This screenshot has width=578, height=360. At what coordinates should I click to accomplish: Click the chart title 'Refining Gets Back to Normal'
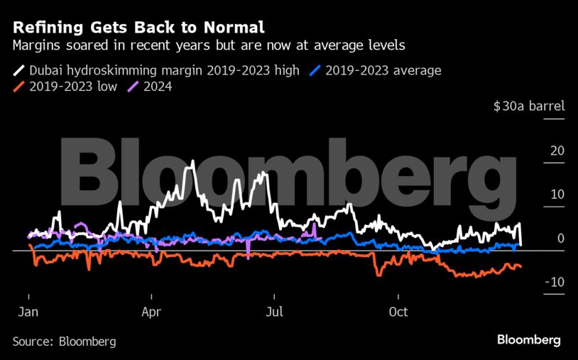[138, 28]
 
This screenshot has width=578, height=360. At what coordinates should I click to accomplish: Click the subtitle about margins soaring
[209, 46]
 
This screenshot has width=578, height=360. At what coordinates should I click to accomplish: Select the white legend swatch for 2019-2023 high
[18, 70]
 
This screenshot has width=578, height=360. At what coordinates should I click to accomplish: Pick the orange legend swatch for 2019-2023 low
[18, 87]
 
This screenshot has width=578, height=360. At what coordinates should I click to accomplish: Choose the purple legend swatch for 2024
[132, 87]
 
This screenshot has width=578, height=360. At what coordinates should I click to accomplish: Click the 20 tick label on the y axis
[557, 151]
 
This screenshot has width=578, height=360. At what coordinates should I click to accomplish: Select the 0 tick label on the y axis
[560, 239]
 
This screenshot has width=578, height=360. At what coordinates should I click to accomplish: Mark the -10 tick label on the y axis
[554, 283]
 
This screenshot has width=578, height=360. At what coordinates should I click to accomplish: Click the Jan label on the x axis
[28, 311]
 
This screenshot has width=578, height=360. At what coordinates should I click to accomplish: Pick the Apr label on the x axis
[151, 311]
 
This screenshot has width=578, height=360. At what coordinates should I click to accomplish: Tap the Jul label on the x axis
[274, 311]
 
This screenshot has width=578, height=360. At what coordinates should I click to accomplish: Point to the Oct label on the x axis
[399, 311]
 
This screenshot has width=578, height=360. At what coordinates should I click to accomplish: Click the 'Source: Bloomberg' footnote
[64, 342]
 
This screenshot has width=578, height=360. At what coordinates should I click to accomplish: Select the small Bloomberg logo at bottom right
[528, 340]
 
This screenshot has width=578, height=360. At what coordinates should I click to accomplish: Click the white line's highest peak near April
[192, 163]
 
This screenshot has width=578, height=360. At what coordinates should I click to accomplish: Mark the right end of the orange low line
[520, 266]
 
